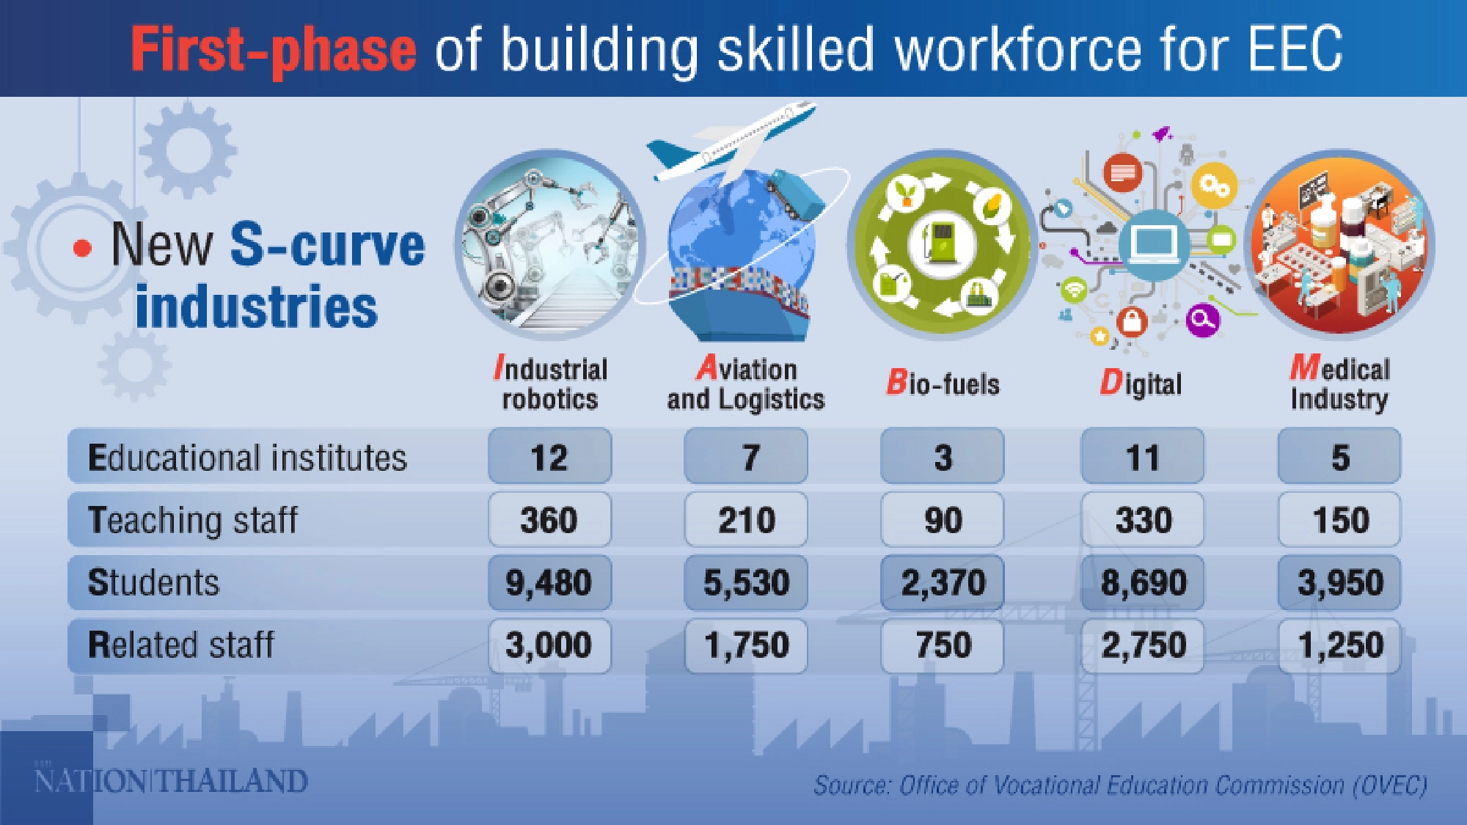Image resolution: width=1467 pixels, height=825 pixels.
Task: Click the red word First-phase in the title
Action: click(274, 49)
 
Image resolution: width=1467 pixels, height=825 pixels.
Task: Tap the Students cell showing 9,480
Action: click(549, 583)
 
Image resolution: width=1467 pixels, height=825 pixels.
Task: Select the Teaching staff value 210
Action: click(746, 520)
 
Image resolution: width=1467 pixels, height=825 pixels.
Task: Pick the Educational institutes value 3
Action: click(943, 457)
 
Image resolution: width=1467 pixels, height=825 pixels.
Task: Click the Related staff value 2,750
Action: click(1143, 645)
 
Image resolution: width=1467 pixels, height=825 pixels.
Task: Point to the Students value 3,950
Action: click(1339, 583)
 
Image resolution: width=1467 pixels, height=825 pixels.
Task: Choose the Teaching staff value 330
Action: click(1143, 520)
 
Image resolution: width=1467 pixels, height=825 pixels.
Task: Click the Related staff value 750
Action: click(943, 645)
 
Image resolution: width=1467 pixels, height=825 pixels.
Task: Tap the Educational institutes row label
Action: click(247, 458)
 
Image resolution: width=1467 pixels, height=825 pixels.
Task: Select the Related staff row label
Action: click(180, 645)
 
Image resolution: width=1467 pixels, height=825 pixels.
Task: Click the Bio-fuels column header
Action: click(943, 384)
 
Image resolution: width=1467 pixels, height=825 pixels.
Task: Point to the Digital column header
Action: click(1141, 384)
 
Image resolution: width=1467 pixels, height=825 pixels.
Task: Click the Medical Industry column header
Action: click(1339, 384)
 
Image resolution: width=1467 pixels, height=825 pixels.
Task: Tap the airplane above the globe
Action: click(730, 143)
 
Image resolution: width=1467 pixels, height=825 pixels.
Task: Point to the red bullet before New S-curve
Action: click(83, 248)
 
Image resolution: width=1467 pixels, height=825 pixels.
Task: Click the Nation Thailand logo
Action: click(171, 780)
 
